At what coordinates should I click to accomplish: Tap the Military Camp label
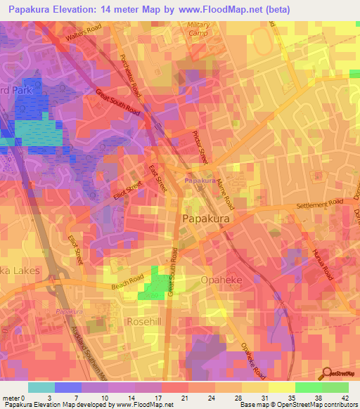click(199, 29)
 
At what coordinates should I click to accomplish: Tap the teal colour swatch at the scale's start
click(41, 387)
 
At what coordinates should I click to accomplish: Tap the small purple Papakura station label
click(200, 181)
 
